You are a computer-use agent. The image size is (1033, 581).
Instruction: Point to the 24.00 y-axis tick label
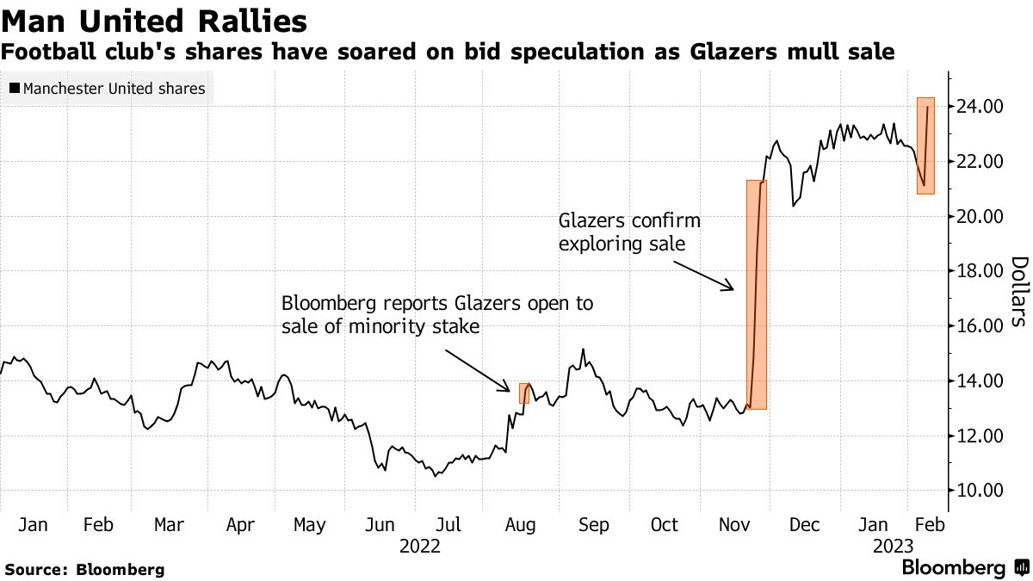pyautogui.click(x=978, y=107)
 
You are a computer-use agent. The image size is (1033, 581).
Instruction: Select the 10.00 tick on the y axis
pyautogui.click(x=978, y=491)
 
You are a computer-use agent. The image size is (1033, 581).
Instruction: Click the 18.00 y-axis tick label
pyautogui.click(x=978, y=271)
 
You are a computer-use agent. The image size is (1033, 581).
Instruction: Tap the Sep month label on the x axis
pyautogui.click(x=594, y=525)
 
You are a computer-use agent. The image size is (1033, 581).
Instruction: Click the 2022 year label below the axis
pyautogui.click(x=420, y=547)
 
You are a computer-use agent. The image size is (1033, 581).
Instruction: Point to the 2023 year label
pyautogui.click(x=893, y=547)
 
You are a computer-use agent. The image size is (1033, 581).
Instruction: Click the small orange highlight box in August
pyautogui.click(x=524, y=393)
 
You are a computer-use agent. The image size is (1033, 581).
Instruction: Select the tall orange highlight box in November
pyautogui.click(x=756, y=294)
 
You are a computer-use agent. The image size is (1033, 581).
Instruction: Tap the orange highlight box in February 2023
pyautogui.click(x=925, y=145)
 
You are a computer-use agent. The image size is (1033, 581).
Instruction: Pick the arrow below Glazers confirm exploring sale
pyautogui.click(x=701, y=272)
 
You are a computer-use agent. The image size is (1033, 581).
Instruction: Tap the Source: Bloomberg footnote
pyautogui.click(x=84, y=569)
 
